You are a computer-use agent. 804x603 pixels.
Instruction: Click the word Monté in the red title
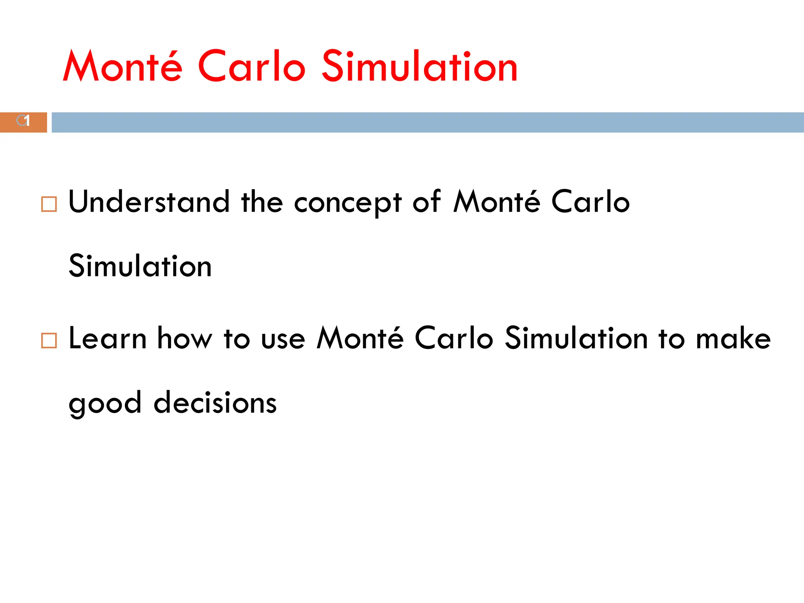click(122, 67)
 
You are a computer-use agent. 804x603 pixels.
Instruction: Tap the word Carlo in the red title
click(251, 67)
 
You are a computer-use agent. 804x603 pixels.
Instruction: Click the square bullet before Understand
click(49, 205)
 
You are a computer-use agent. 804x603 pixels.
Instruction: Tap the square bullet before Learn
click(49, 340)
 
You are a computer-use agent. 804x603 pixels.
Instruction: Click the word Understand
click(149, 202)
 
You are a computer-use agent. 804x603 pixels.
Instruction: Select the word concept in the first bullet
click(348, 203)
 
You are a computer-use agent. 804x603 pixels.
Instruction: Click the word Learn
click(108, 338)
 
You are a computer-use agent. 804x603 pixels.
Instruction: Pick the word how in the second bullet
click(185, 338)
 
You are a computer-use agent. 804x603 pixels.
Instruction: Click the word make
click(733, 338)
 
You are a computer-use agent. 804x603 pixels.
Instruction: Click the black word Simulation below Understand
click(140, 266)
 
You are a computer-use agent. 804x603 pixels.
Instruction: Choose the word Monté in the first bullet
click(497, 202)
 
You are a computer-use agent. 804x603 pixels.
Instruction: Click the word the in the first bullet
click(262, 202)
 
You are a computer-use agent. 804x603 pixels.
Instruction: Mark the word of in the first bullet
click(427, 202)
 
